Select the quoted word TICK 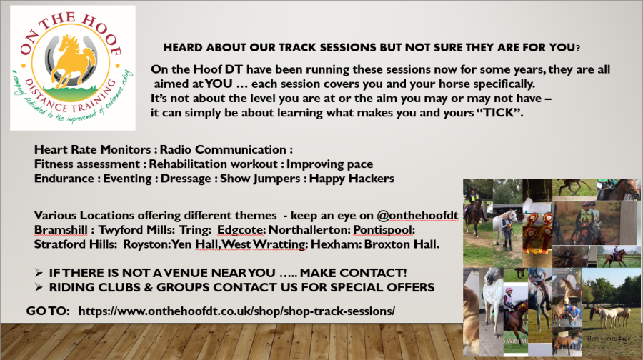click(x=499, y=113)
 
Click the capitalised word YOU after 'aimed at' click(x=219, y=84)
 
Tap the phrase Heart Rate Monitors click(x=93, y=150)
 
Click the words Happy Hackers click(x=352, y=179)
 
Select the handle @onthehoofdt click(x=417, y=216)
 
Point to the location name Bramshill click(x=61, y=230)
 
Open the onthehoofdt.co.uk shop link click(x=236, y=311)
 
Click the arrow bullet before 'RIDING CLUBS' click(x=39, y=287)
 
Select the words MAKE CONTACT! click(x=353, y=273)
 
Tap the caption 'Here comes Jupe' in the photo click(x=608, y=339)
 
